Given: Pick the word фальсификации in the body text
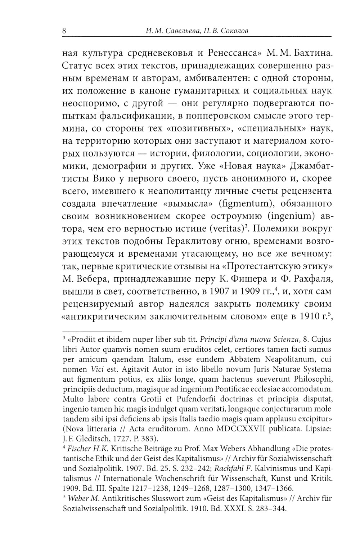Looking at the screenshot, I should [x=128, y=116].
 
